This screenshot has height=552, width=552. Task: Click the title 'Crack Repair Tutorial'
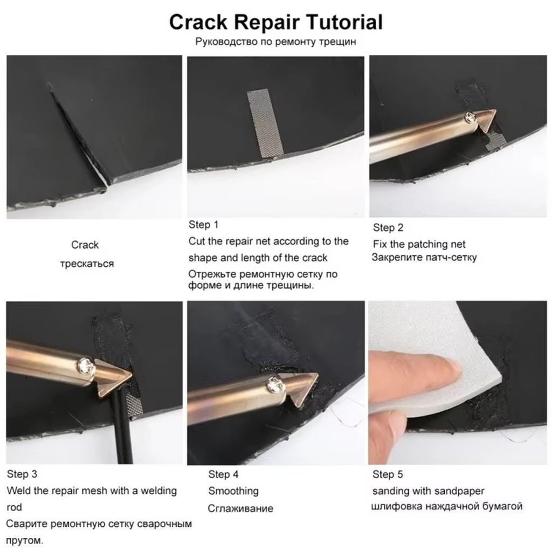click(x=275, y=22)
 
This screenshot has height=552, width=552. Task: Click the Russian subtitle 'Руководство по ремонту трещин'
click(x=275, y=42)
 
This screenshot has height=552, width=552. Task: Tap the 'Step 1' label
click(x=203, y=225)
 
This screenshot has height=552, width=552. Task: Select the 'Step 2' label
click(x=388, y=227)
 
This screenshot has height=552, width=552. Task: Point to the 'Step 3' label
click(x=22, y=474)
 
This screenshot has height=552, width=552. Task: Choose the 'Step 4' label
click(x=223, y=474)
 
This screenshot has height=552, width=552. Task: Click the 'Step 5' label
click(x=388, y=474)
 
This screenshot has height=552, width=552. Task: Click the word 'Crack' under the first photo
click(x=85, y=245)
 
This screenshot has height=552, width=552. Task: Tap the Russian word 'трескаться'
click(x=87, y=264)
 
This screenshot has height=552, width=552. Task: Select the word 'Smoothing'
click(x=233, y=491)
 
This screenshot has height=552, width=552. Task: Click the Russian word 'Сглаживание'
click(x=240, y=508)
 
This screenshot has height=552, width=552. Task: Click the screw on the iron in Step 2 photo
click(x=470, y=115)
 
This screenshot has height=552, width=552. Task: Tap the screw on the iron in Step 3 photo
click(x=85, y=366)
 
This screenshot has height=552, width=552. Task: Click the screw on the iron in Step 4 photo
click(x=274, y=384)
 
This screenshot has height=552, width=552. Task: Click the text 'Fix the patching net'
click(x=419, y=244)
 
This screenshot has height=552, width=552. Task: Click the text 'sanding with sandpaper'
click(x=428, y=491)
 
